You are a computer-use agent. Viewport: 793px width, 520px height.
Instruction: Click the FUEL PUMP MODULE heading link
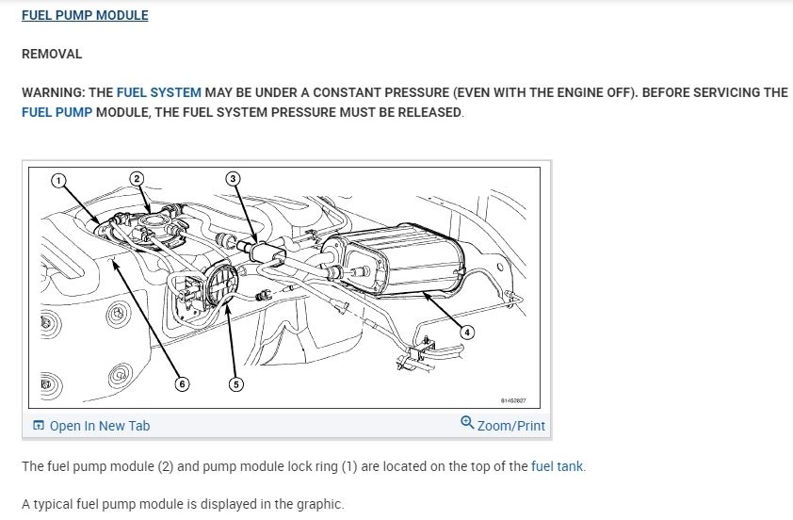coord(85,16)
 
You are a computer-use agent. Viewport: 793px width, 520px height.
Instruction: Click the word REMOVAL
coord(52,55)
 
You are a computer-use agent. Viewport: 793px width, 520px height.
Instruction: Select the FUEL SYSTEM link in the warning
coord(158,93)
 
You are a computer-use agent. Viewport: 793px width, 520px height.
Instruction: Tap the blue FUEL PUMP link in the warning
coord(57,112)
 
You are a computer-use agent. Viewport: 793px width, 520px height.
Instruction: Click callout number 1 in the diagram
coord(57,180)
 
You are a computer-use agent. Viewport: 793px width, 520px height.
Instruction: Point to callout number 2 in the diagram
coord(137,178)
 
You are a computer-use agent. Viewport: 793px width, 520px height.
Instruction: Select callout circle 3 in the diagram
coord(234,178)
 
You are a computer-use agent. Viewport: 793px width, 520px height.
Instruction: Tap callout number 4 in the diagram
coord(467,332)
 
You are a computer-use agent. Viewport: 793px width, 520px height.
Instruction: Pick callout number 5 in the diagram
coord(235,383)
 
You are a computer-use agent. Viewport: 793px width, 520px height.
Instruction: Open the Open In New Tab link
coord(99,426)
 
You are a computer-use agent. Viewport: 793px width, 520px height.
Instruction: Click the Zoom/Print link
coord(510,426)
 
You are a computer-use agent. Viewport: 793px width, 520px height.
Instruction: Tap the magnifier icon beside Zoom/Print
coord(467,423)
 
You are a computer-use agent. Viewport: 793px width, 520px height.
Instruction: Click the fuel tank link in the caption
coord(558,466)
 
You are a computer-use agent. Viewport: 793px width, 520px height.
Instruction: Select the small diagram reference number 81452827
coord(513,399)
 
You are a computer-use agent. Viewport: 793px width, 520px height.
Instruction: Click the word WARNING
coord(52,93)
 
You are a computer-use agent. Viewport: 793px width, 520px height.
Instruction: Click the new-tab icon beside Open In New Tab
coord(39,426)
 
